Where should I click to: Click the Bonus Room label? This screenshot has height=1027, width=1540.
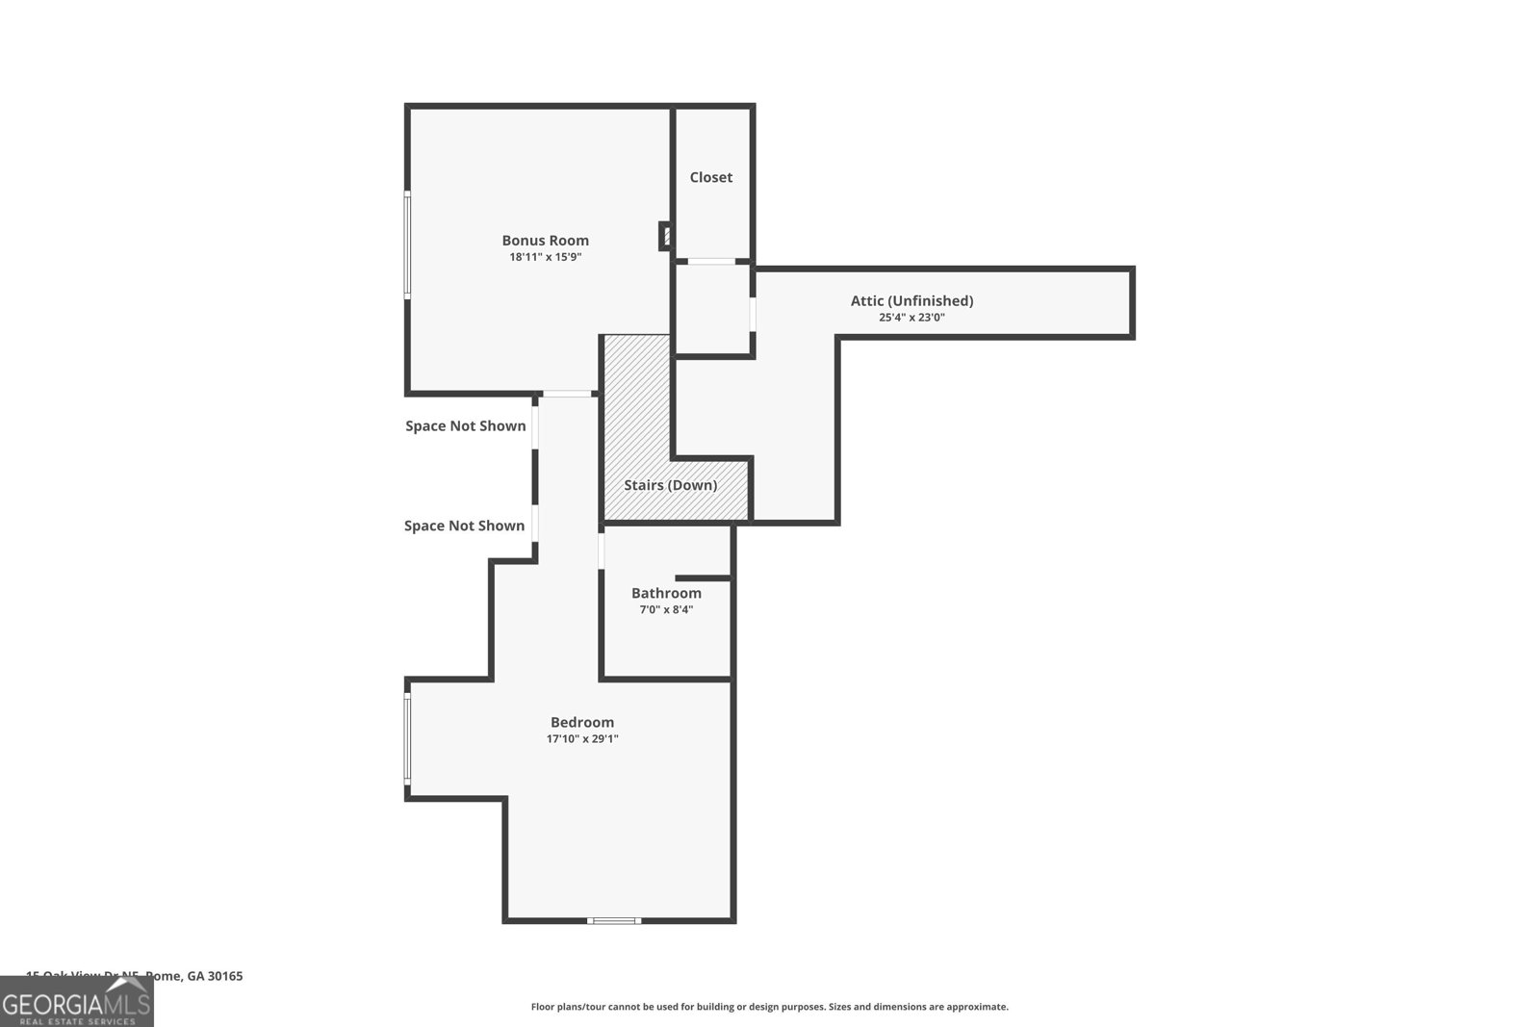[545, 241]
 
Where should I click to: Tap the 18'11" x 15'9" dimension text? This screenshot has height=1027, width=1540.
[545, 257]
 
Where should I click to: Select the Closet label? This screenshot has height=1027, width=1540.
[711, 177]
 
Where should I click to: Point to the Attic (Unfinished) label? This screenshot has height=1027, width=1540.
[911, 301]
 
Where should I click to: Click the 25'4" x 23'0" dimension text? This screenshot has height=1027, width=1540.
[911, 318]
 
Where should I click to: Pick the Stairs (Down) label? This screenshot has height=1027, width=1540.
[670, 485]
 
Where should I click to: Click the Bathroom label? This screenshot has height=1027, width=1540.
[666, 593]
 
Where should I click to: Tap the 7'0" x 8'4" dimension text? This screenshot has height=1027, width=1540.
[666, 609]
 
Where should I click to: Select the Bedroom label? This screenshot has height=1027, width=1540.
[582, 722]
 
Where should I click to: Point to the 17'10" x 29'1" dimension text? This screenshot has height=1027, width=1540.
[582, 739]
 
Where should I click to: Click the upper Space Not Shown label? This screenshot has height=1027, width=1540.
[466, 425]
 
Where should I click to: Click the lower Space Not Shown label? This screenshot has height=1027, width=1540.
[465, 526]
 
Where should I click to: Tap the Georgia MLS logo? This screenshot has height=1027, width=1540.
[77, 1002]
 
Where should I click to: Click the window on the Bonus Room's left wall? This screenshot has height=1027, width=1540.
[407, 244]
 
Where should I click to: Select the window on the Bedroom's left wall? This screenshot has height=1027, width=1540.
[407, 738]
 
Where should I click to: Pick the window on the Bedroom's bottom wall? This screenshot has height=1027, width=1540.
[614, 921]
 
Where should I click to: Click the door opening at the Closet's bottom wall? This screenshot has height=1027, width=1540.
[711, 261]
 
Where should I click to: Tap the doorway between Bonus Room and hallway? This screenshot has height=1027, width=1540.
[568, 394]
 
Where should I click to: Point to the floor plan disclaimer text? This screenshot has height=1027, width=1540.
[770, 1007]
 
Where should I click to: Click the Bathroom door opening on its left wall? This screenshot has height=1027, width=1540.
[602, 552]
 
